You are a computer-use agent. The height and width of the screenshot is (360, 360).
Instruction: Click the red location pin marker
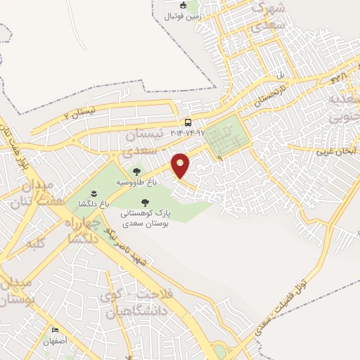181,165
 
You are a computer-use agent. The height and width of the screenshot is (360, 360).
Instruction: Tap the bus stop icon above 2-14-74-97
187,122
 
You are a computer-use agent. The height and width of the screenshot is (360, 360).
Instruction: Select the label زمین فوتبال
183,15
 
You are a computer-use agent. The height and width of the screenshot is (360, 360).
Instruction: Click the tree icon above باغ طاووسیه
136,170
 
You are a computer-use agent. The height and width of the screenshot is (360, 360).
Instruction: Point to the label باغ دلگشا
94,203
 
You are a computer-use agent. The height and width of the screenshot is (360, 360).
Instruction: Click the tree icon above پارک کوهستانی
146,202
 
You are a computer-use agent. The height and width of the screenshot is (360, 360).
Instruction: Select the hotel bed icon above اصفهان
55,329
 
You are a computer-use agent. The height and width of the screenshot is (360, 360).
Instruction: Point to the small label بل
280,74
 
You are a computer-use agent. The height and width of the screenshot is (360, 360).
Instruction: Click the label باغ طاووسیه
136,182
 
